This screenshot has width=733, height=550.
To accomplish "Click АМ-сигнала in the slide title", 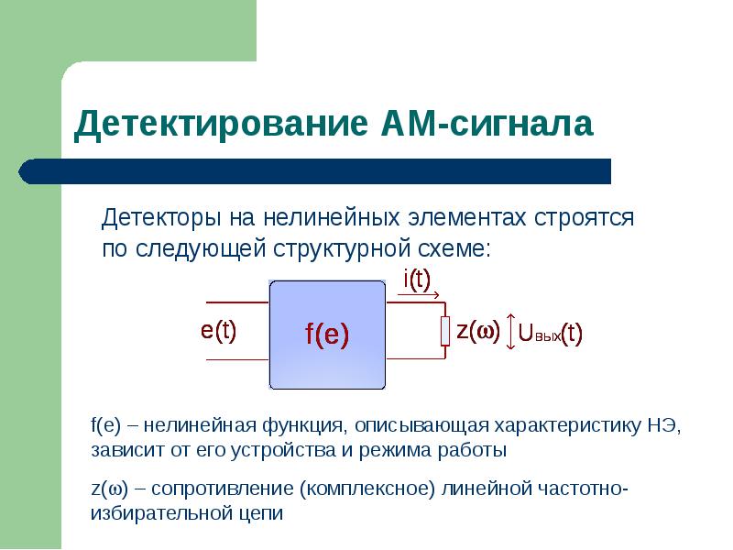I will tap(487, 124).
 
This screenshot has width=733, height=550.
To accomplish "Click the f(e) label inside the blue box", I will tap(327, 335).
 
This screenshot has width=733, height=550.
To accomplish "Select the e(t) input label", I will tap(219, 331).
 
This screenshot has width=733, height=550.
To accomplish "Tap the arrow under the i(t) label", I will tap(421, 294).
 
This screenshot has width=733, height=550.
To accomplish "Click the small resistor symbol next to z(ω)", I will tap(445, 331).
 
